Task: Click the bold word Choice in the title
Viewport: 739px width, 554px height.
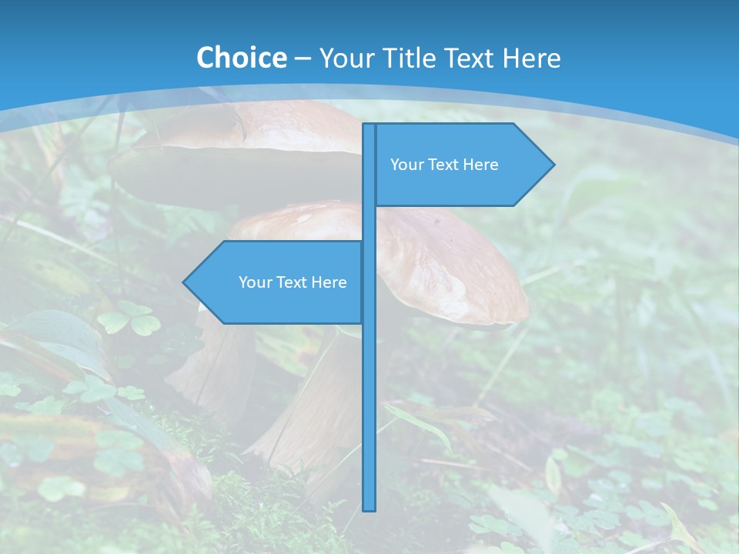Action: coord(241,58)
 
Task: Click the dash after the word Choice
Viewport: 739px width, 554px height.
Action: coord(303,58)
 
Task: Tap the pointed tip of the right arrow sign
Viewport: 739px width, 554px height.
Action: coord(552,164)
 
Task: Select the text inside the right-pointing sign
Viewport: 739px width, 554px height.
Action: coord(444,165)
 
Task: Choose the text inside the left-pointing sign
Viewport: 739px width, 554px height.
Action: coord(293,282)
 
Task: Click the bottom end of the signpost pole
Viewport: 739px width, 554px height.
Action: coord(369,507)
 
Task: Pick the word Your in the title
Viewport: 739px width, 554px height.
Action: coord(344,58)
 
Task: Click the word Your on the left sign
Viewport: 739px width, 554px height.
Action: coord(255,282)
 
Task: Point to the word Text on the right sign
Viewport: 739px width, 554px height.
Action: coord(443,165)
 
